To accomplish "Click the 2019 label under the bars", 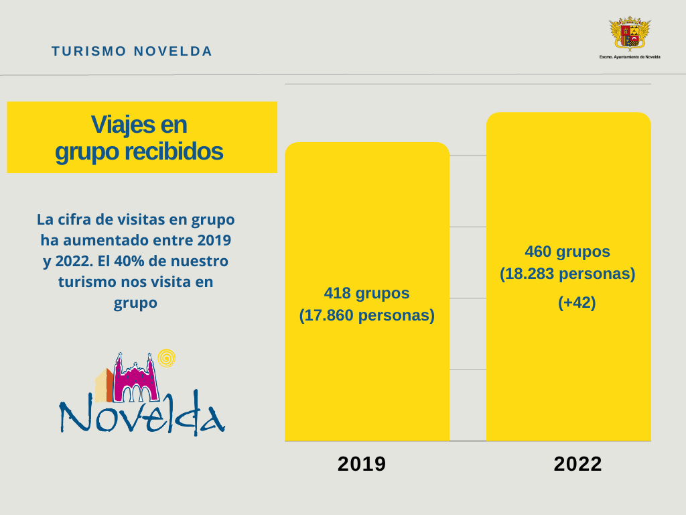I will coord(362,464).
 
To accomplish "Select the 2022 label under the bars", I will coord(577,464).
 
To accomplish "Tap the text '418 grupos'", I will coord(366,293).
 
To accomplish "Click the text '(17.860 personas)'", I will coord(366,314).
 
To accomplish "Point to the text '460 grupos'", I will coord(567,251).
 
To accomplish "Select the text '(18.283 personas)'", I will coord(567,274).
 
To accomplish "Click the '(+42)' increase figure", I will coord(577,302).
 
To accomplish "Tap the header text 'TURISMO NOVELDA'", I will coord(132,51).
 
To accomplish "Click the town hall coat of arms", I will coord(629,34).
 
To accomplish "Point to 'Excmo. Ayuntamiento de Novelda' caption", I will coord(629,57).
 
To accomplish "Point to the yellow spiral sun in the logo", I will coord(166,359).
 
